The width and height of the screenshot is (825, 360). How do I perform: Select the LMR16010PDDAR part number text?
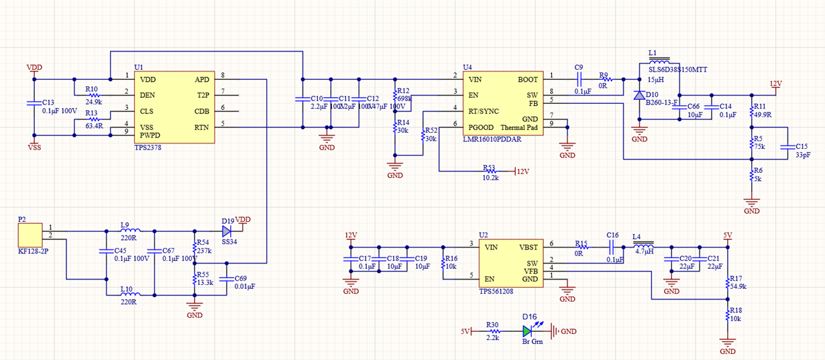pyautogui.click(x=492, y=139)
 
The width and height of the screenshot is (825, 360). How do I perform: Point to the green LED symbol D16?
pyautogui.click(x=529, y=331)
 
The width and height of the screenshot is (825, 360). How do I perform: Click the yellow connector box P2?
pyautogui.click(x=30, y=235)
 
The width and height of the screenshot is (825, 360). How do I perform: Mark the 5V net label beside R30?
pyautogui.click(x=466, y=331)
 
